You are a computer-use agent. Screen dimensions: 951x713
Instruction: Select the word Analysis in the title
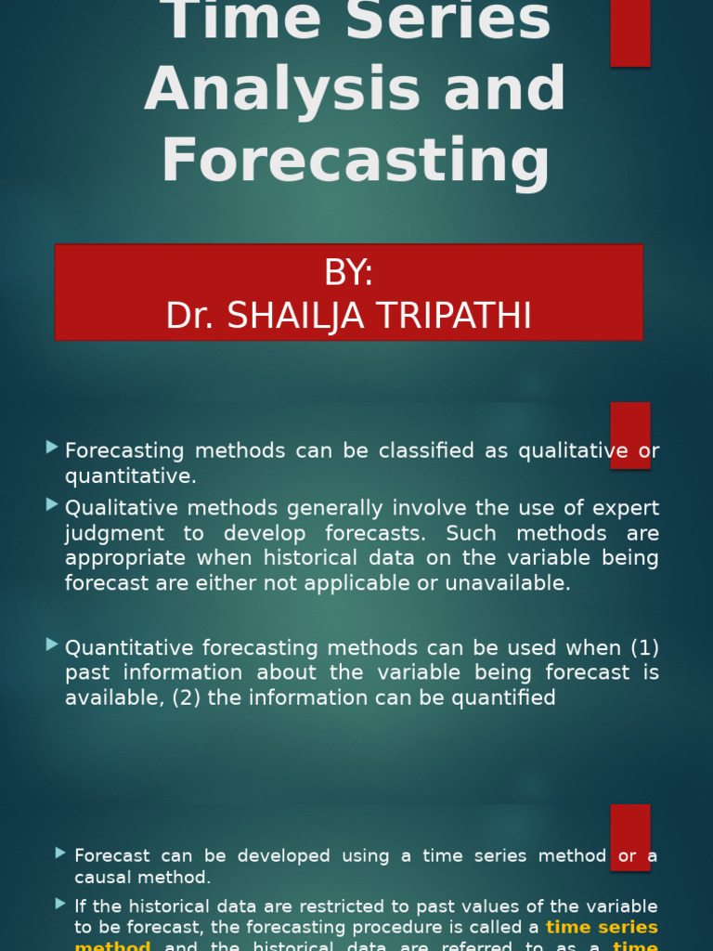coord(255,89)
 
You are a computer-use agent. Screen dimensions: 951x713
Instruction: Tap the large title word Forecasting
coord(356,160)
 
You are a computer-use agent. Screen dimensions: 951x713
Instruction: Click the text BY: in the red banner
coord(348,273)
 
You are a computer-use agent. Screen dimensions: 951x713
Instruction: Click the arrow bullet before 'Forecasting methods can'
coord(52,448)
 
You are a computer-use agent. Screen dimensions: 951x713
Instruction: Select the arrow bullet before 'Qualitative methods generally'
coord(52,504)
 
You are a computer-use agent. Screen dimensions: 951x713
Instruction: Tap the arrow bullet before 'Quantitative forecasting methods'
coord(52,644)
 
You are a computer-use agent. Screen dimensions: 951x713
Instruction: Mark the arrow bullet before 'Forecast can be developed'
coord(60,853)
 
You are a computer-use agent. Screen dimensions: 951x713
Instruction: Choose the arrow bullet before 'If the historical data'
coord(60,903)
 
